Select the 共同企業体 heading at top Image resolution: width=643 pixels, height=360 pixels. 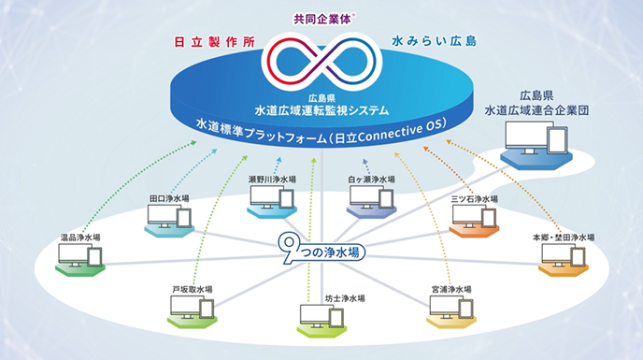point(321,17)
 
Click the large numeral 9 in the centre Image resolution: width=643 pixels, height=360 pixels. point(291,247)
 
